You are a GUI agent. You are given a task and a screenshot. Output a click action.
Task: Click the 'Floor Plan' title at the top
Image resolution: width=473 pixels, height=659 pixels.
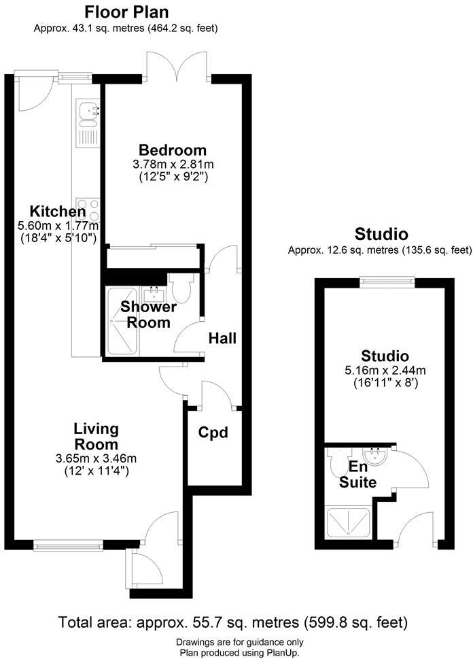[126, 12]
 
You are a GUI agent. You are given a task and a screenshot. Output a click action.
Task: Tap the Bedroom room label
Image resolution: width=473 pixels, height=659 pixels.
[172, 150]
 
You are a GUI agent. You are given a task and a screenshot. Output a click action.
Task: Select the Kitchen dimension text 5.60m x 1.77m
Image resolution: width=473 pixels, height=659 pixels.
[58, 226]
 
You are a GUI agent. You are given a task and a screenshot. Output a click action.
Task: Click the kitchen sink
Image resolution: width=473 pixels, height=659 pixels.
[88, 114]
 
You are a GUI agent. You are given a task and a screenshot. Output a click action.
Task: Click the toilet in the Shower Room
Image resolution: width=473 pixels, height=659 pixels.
[181, 289]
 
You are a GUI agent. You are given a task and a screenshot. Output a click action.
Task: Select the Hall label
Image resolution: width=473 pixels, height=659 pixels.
[222, 338]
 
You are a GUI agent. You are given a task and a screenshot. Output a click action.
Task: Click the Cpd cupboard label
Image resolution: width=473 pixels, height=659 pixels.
[213, 433]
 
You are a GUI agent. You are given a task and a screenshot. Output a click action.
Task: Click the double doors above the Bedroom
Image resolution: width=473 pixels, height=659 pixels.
[177, 68]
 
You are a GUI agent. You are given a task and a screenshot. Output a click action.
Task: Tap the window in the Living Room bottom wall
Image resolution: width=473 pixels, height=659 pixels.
[68, 544]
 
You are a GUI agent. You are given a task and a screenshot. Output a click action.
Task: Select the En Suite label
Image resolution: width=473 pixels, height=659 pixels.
[358, 475]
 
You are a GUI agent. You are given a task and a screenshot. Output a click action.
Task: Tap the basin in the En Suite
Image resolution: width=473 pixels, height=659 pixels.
[374, 455]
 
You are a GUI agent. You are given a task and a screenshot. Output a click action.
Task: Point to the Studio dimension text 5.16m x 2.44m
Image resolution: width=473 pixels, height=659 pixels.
[385, 371]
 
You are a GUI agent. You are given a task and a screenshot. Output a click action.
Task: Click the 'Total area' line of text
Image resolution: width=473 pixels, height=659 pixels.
[233, 622]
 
